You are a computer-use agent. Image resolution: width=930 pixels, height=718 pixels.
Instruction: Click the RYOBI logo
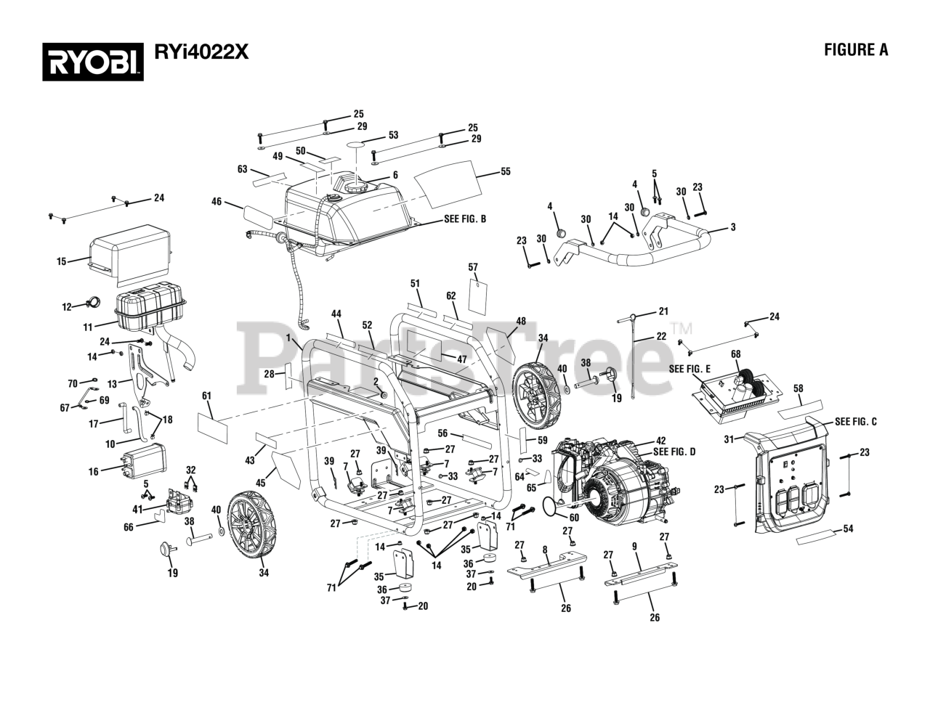(x=93, y=62)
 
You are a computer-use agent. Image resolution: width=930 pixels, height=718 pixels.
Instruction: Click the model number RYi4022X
(x=201, y=52)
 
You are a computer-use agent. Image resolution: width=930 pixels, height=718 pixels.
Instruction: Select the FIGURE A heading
(x=856, y=50)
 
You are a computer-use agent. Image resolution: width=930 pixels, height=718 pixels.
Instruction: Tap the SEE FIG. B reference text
(x=465, y=219)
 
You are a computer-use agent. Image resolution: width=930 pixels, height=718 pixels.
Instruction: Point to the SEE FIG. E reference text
(x=690, y=369)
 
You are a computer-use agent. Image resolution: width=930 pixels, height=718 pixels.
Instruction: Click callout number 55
(x=506, y=171)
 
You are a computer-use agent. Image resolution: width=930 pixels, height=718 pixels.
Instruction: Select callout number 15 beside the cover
(x=62, y=261)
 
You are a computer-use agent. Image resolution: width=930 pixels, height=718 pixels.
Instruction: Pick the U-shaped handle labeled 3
(x=634, y=248)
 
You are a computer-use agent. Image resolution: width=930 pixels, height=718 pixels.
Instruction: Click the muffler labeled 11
(x=150, y=307)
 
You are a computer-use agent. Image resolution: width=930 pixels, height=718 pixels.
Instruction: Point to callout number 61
(x=207, y=396)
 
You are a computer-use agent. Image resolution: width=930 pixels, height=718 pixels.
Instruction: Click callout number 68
(x=736, y=354)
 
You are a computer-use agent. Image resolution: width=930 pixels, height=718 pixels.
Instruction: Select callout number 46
(x=217, y=201)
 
